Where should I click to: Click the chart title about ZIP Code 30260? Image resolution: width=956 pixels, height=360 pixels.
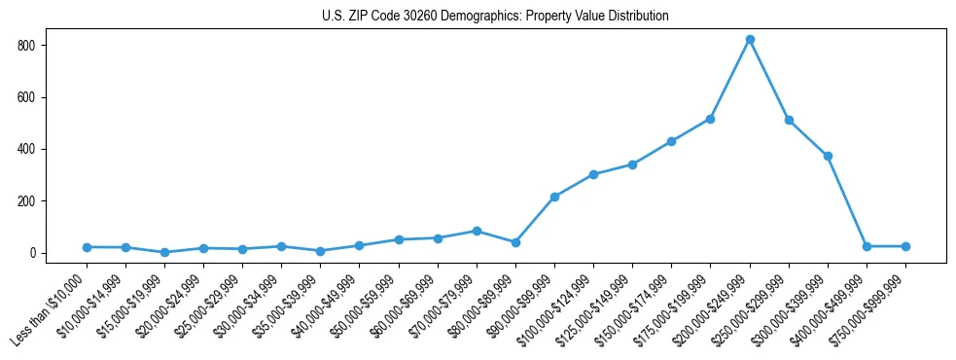[x=495, y=17]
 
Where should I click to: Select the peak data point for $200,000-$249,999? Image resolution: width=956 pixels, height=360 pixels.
[x=750, y=40]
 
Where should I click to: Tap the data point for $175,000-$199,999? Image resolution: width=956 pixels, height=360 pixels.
[x=711, y=119]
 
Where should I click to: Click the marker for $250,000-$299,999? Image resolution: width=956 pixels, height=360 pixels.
[x=789, y=120]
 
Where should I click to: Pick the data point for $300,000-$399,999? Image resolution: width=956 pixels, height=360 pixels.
[x=828, y=156]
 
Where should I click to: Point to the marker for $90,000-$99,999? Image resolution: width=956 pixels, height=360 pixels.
[x=554, y=197]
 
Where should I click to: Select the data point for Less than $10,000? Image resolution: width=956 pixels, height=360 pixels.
[x=87, y=247]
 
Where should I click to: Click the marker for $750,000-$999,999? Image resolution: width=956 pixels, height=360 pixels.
[x=905, y=246]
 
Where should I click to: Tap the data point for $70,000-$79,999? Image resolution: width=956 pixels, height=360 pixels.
[x=477, y=231]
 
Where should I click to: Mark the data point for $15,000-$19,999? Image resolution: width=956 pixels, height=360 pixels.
[x=164, y=252]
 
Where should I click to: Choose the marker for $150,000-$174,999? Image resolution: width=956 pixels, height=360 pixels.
[x=671, y=141]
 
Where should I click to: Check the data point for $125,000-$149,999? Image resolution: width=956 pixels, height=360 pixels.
[x=632, y=164]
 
